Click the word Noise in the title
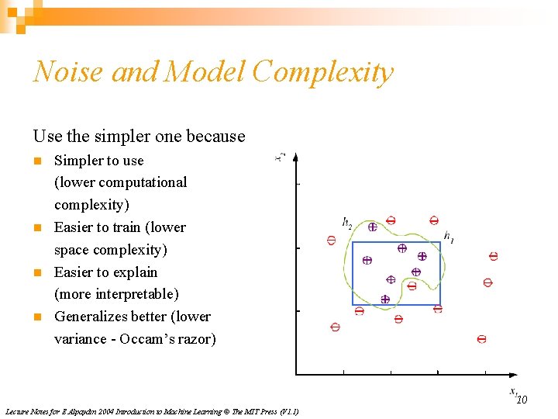pos(68,72)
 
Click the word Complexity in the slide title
pos(322,72)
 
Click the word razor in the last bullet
pos(198,339)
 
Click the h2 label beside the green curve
pos(347,223)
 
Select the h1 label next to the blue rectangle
pos(449,236)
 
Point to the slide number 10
pos(522,400)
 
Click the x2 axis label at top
pos(281,157)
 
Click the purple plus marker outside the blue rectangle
pos(372,227)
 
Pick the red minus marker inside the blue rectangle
pos(412,286)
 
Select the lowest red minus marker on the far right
pos(481,339)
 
